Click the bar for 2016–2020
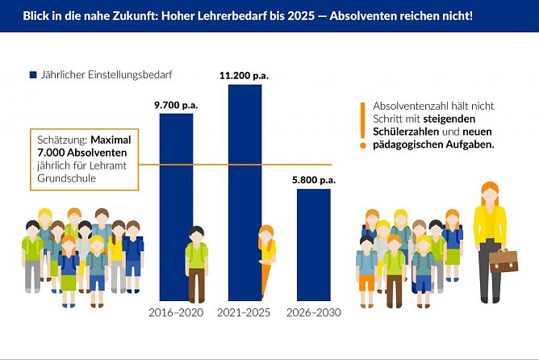[x=176, y=178]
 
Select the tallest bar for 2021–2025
[x=244, y=161]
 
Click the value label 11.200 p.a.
[x=244, y=75]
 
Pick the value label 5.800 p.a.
[x=312, y=180]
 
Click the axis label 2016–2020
[x=176, y=312]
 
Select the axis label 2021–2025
[x=244, y=312]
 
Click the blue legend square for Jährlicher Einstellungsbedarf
[x=34, y=74]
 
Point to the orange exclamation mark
[x=363, y=125]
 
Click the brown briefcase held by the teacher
[x=503, y=261]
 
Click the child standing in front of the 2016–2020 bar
[x=196, y=262]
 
